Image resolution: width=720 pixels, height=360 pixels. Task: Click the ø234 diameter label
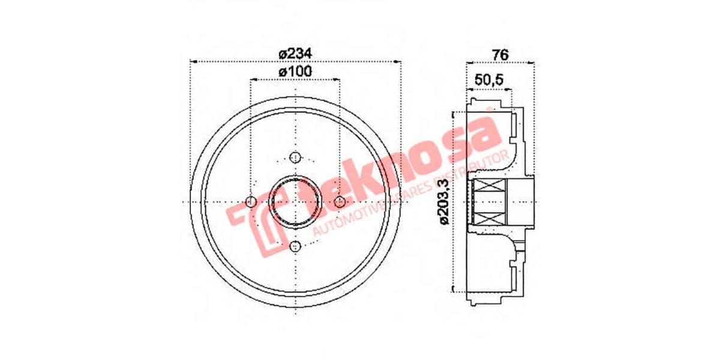pos(295,53)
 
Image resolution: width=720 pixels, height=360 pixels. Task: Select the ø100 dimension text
pos(295,72)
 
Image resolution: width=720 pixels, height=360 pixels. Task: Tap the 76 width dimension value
pos(500,54)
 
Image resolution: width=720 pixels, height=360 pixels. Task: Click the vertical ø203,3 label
pos(445,202)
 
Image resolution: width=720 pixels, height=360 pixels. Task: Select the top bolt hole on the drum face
pos(295,157)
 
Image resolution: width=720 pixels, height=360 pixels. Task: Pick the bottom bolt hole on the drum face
pos(295,247)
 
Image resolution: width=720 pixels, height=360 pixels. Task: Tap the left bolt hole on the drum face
pos(251,201)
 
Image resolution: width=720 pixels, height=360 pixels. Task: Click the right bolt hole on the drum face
pos(339,201)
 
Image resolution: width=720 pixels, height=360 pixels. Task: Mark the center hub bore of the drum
pos(295,202)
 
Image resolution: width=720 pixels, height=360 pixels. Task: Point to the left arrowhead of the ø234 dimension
pos(193,61)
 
